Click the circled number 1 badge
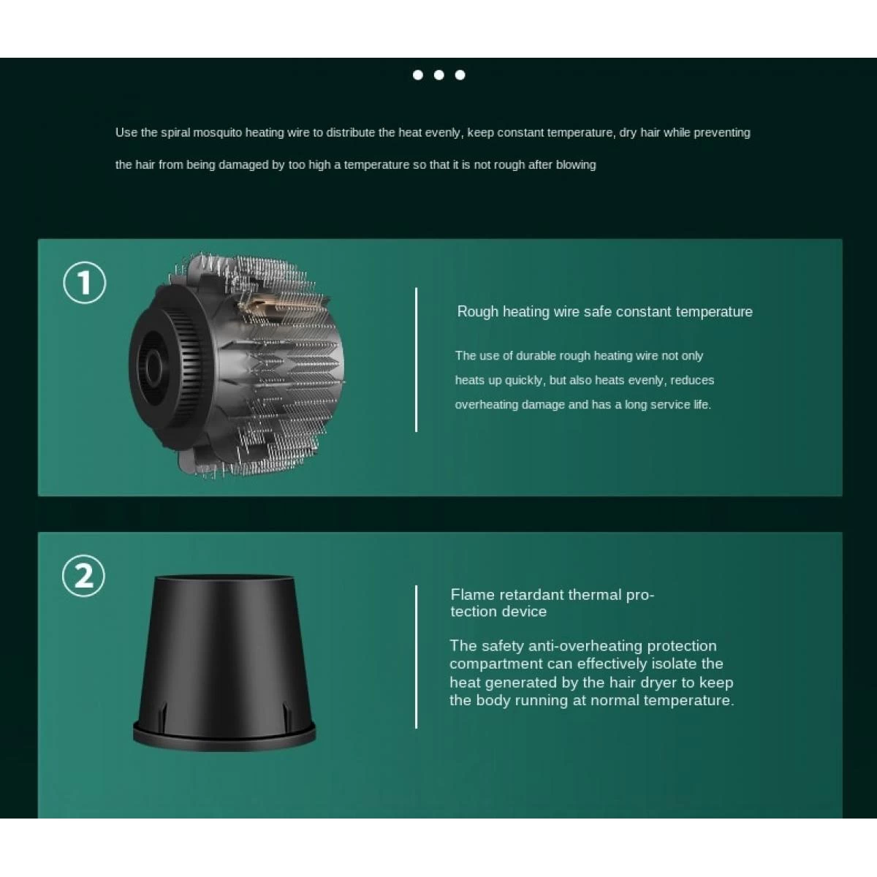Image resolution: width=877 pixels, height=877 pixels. [84, 283]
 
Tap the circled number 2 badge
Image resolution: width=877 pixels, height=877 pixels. [83, 576]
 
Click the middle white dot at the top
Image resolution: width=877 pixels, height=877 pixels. [438, 75]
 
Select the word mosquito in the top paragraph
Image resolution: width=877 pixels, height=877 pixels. [218, 133]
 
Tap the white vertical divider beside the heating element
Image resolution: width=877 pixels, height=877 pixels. [416, 360]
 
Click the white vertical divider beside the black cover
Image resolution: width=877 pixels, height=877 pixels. [416, 657]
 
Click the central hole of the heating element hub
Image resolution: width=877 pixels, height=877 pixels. [151, 363]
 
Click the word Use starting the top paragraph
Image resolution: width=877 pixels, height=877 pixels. [126, 132]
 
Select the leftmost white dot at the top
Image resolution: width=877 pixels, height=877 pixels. [418, 75]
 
